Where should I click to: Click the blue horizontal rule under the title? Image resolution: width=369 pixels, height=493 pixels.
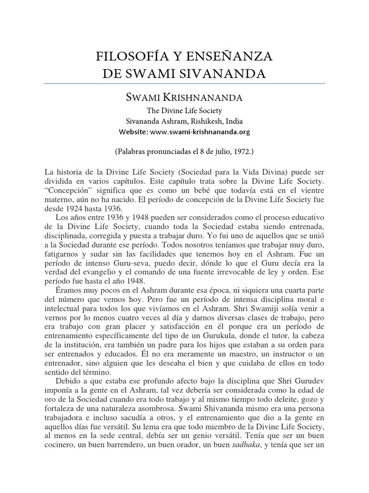(184, 83)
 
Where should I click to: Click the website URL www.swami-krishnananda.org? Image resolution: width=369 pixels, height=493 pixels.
(201, 131)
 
